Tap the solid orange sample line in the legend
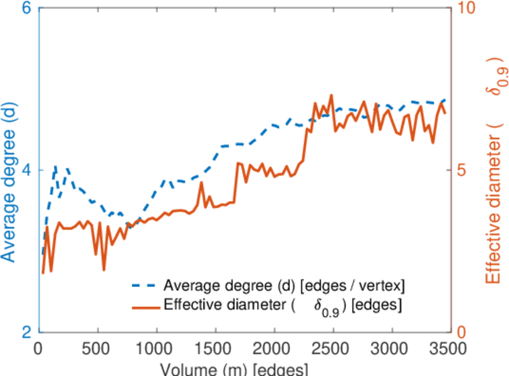(145, 306)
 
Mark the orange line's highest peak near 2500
(331, 95)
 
